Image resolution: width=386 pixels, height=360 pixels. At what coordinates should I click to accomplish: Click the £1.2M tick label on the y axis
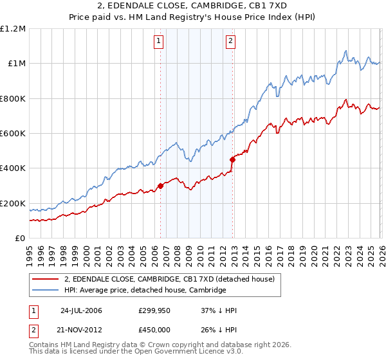tap(13, 29)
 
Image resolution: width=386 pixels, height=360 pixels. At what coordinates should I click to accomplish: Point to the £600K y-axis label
tap(13, 134)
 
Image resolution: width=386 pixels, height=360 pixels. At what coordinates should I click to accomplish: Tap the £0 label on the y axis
tap(20, 239)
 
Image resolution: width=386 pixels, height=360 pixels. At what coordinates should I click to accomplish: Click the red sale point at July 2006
tap(160, 186)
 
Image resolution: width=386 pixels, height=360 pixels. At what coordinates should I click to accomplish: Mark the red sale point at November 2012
tap(232, 160)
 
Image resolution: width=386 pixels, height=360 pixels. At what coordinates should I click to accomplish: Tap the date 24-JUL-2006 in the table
tap(81, 310)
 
